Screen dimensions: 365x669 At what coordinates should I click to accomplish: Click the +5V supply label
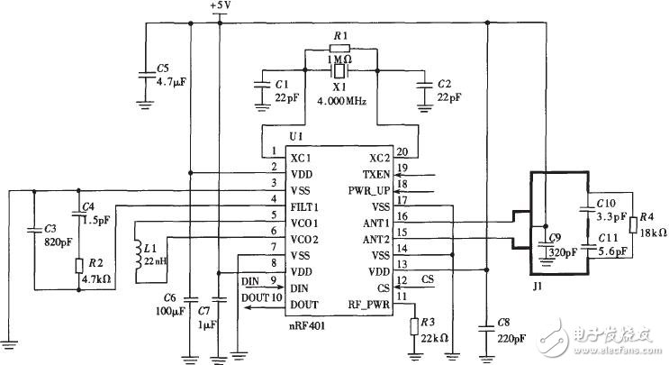(220, 6)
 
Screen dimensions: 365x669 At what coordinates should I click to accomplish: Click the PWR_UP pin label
(370, 189)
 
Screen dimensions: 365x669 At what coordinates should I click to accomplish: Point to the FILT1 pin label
(306, 205)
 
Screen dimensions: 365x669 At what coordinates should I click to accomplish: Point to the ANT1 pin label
(377, 223)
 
